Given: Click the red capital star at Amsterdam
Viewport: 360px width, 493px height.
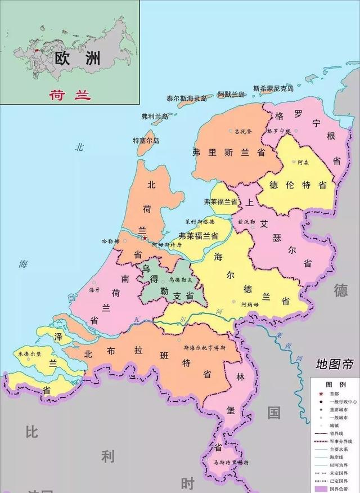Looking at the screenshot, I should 145,238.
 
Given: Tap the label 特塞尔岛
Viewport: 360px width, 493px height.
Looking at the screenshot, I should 146,140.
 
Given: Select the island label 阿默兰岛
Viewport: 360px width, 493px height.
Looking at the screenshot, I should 231,94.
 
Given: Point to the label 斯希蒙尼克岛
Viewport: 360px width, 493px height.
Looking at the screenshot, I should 273,88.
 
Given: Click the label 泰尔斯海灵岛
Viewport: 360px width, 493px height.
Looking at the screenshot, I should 186,98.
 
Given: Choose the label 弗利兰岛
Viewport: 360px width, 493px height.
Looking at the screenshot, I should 155,116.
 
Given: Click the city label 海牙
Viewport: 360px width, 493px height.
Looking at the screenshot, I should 94,289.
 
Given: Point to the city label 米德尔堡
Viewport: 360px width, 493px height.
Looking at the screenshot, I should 28,354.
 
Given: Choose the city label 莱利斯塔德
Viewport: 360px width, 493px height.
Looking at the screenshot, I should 200,222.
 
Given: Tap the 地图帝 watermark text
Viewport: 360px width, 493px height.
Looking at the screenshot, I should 335,364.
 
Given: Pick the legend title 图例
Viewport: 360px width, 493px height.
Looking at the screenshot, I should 335,384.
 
